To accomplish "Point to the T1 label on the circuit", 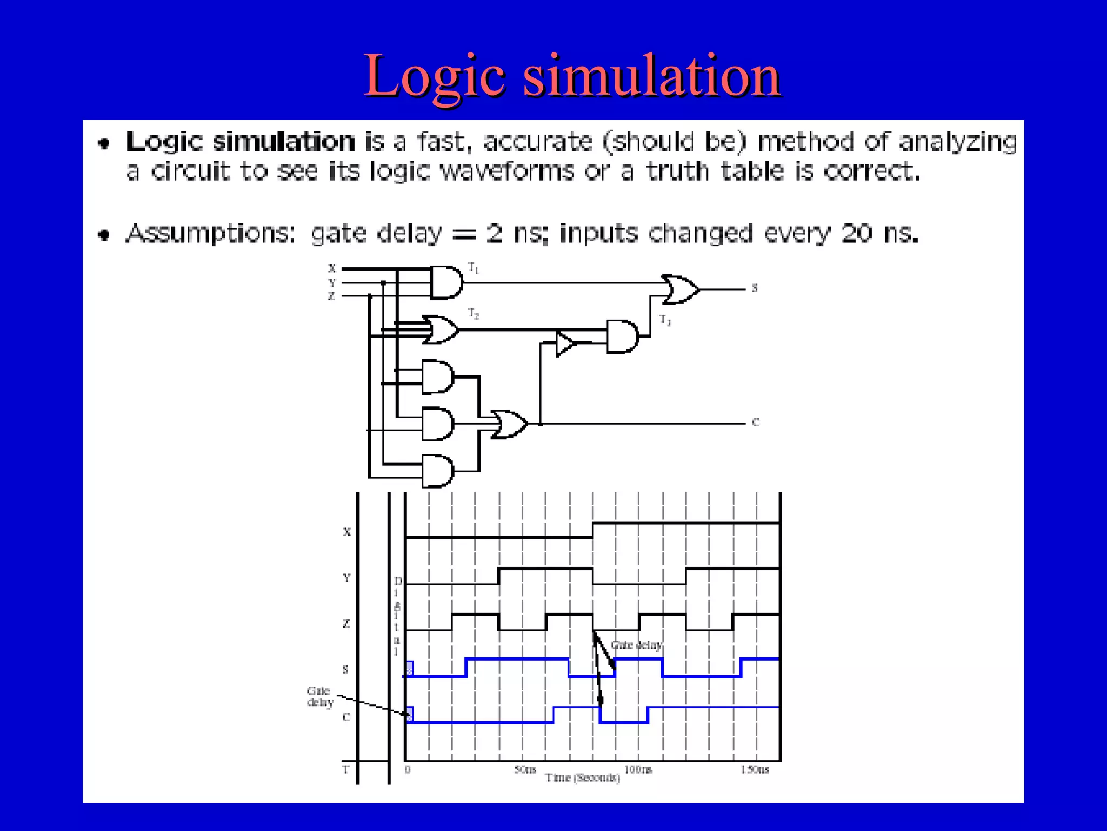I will pyautogui.click(x=474, y=268).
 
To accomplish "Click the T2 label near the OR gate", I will pyautogui.click(x=474, y=314).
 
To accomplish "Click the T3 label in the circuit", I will pyautogui.click(x=665, y=320).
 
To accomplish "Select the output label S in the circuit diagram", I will pyautogui.click(x=755, y=288).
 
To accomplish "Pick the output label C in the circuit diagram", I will pyautogui.click(x=755, y=423).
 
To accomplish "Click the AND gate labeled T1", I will pyautogui.click(x=445, y=282).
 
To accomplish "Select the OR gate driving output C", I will pyautogui.click(x=508, y=424).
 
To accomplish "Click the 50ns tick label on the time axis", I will pyautogui.click(x=525, y=769).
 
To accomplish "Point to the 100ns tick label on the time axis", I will pyautogui.click(x=638, y=769).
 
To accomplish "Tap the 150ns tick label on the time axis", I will pyautogui.click(x=755, y=769).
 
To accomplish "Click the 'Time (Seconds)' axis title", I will pyautogui.click(x=582, y=778).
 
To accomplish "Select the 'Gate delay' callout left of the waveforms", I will pyautogui.click(x=319, y=696).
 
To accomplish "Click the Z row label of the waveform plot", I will pyautogui.click(x=346, y=624).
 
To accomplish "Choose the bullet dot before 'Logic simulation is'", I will pyautogui.click(x=104, y=143).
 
